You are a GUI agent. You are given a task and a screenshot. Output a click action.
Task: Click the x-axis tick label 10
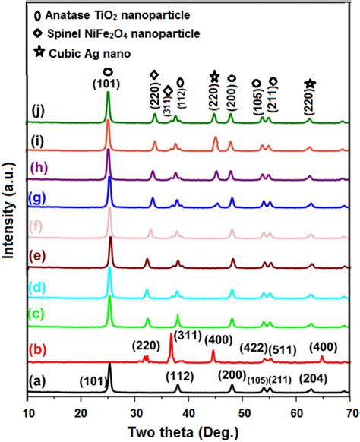pos(28,413)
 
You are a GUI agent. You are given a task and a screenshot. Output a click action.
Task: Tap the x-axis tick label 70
pos(348,413)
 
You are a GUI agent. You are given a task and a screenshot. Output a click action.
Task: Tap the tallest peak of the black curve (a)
pos(110,365)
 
